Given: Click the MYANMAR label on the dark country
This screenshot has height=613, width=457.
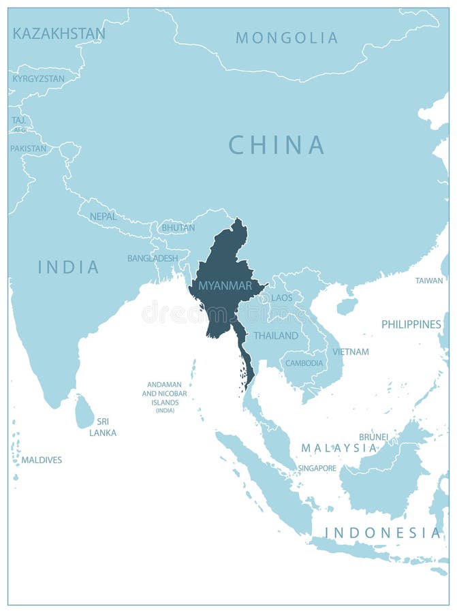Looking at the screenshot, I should point(221,285).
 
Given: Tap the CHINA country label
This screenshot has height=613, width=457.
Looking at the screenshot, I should point(276,145).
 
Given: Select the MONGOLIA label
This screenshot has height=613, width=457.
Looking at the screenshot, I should point(287,38).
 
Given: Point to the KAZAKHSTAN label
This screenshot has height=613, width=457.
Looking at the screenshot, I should point(59,33).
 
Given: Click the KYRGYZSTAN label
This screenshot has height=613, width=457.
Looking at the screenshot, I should point(39,79).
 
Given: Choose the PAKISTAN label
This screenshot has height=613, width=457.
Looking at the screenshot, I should point(29,148).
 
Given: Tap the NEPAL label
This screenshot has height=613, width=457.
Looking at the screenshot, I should point(104,217).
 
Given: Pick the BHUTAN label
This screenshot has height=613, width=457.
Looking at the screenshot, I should point(178,228).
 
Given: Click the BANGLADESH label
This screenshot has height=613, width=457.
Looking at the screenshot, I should point(153,259).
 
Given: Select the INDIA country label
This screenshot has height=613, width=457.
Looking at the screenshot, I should point(68,267).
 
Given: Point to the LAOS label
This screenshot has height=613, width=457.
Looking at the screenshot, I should point(281,298).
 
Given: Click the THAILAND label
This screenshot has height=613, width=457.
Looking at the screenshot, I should point(276,336).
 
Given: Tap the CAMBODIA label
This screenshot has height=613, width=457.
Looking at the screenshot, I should point(304,363).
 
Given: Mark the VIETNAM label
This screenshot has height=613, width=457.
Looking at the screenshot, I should point(351,352).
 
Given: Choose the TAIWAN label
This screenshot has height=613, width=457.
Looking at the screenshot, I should point(429,281).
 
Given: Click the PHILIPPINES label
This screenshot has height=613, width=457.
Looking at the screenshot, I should point(411,325).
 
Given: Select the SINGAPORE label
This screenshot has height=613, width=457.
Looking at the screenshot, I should point(317,469).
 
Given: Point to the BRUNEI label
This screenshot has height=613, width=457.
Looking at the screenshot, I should point(373,437).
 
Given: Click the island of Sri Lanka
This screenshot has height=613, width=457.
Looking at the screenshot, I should point(84,413).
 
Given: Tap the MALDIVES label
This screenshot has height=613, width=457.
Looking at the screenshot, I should point(42,460).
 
